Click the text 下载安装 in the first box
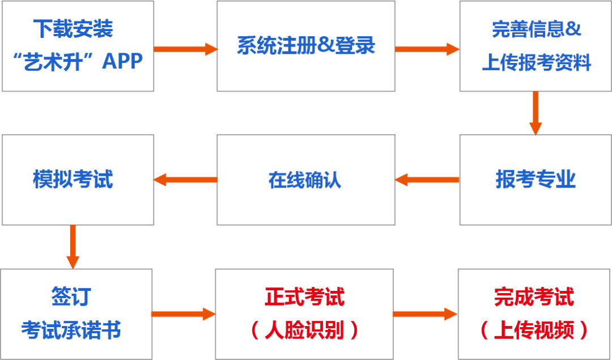[73, 29]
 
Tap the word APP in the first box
[122, 61]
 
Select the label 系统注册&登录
[305, 46]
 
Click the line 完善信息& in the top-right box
[536, 29]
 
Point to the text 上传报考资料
[536, 62]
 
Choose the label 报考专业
[535, 180]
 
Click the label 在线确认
[305, 180]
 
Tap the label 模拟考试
[73, 180]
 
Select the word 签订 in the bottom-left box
[71, 298]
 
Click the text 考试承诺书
[71, 331]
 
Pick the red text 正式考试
[304, 298]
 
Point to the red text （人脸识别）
[304, 331]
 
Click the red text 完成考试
[534, 298]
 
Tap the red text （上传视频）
[534, 331]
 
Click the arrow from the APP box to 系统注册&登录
[185, 49]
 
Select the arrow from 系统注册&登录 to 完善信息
[427, 49]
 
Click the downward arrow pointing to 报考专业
[535, 113]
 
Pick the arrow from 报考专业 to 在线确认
[427, 180]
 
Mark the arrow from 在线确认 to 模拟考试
[185, 180]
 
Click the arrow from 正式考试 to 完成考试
[425, 314]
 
